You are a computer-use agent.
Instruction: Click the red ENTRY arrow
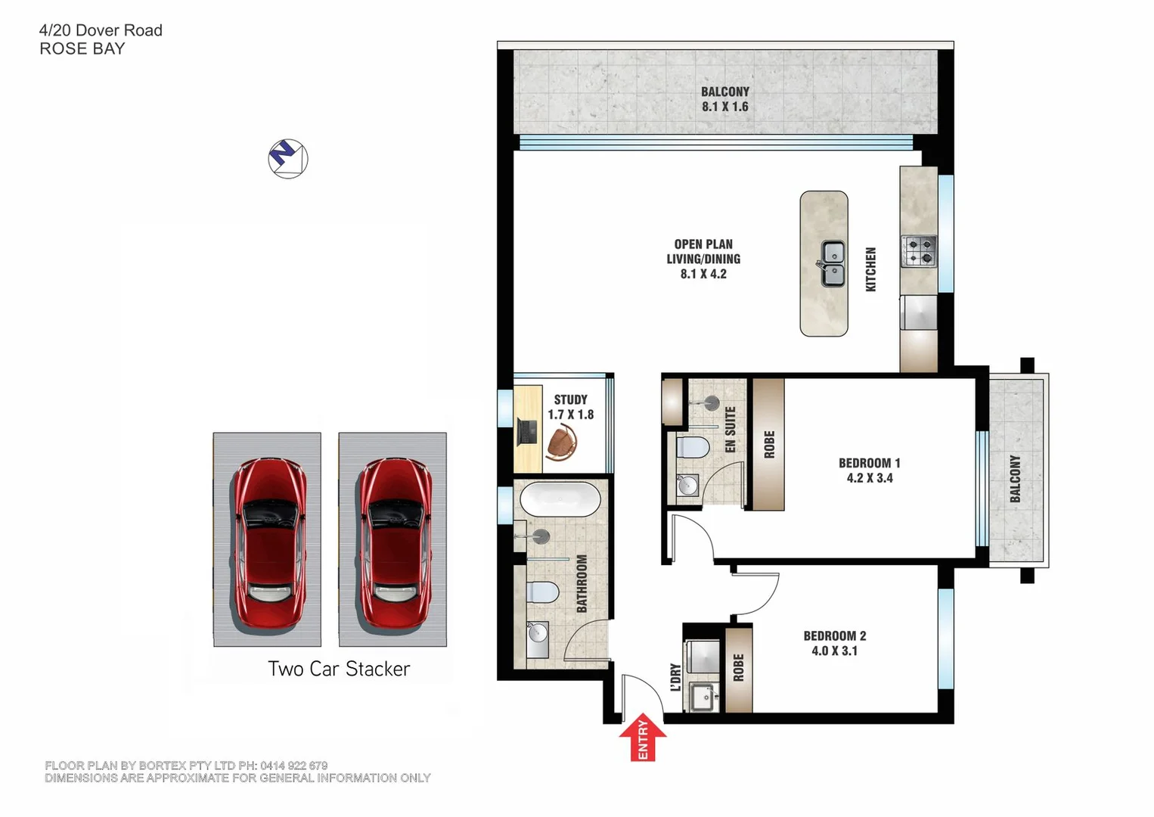coord(642,737)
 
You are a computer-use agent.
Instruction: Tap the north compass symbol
coord(288,159)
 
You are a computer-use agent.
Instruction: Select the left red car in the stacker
coord(268,542)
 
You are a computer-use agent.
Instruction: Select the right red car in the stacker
coord(393,542)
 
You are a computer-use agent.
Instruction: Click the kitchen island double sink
coord(833,263)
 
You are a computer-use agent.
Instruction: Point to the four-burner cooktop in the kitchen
coord(919,251)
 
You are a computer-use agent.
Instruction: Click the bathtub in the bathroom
coord(560,499)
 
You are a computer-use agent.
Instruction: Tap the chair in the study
coord(561,442)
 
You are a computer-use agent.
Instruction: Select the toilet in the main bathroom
coord(541,592)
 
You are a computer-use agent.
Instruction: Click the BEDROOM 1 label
coord(869,463)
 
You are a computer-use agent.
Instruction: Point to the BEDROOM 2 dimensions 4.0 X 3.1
coord(834,651)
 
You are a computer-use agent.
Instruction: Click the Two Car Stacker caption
coord(338,669)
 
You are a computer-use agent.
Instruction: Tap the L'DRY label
coord(675,678)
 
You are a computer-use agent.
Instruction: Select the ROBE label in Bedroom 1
coord(769,444)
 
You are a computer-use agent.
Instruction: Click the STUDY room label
coord(570,399)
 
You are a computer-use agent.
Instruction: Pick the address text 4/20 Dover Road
coord(101,30)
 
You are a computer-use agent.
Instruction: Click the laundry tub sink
coord(703,697)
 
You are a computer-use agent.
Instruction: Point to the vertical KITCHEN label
coord(870,269)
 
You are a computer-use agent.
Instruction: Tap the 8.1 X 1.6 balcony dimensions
coord(724,107)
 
